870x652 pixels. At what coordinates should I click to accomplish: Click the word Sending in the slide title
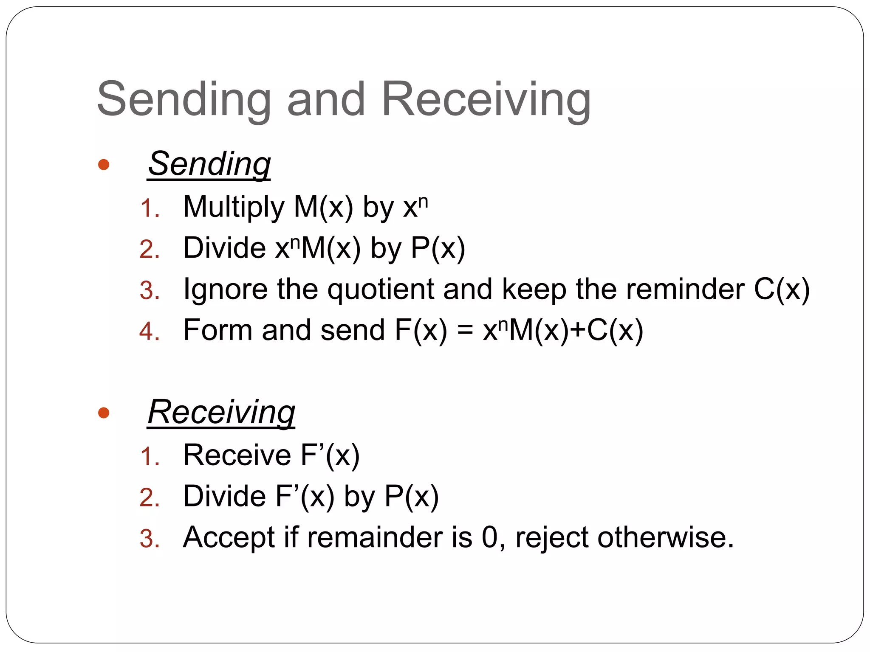point(184,100)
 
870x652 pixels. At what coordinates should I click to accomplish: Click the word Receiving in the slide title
point(486,100)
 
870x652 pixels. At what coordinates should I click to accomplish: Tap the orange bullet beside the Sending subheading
point(104,165)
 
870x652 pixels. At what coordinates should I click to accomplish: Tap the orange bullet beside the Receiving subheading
point(104,413)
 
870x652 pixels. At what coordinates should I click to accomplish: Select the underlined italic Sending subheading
point(209,165)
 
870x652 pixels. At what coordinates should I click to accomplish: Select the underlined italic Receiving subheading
point(221,413)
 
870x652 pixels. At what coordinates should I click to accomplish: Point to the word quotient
point(381,290)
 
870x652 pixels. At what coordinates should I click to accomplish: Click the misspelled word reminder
point(685,289)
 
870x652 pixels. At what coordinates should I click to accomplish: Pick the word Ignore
point(225,290)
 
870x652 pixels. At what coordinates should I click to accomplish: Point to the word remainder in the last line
point(375,537)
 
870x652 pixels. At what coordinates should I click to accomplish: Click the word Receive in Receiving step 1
point(237,455)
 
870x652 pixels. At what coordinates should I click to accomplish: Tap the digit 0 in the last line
point(489,537)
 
